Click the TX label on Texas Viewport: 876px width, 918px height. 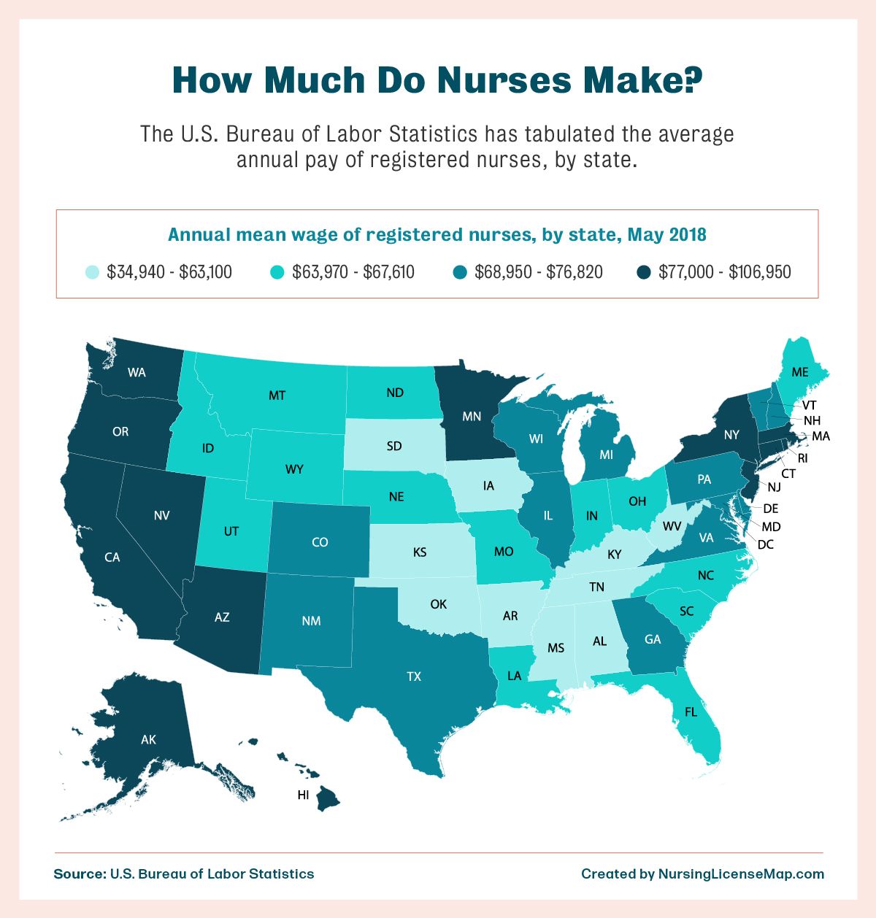(x=414, y=676)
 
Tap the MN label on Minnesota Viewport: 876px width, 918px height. (x=472, y=417)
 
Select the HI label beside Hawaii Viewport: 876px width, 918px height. (x=304, y=795)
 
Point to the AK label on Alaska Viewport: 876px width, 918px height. (x=148, y=740)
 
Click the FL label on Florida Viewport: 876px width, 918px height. (x=691, y=711)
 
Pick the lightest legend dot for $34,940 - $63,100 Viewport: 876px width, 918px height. (x=91, y=273)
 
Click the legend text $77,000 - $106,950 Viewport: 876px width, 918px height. (x=724, y=272)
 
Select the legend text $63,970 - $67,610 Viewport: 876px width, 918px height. (x=353, y=272)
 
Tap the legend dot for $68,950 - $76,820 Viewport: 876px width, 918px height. (x=459, y=273)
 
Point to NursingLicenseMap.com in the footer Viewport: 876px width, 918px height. (x=741, y=873)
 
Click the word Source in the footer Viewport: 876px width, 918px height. (x=78, y=873)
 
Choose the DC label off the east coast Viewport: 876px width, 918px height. (x=765, y=544)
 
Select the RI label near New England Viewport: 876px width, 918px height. (x=802, y=458)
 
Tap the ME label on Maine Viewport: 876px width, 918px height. (x=800, y=372)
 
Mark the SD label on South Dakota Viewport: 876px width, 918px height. (x=394, y=445)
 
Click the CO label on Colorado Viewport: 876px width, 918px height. (x=320, y=542)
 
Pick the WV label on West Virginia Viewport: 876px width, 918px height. (x=672, y=525)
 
